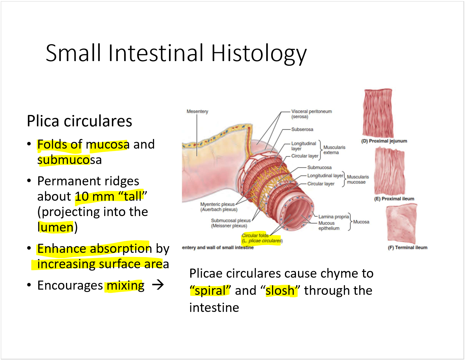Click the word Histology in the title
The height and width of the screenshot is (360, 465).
[259, 53]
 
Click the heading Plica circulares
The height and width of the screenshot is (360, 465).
[79, 121]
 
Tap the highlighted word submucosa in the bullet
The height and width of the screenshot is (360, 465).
[69, 160]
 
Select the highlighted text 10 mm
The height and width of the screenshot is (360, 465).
[95, 196]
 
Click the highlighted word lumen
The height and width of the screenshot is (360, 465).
[55, 227]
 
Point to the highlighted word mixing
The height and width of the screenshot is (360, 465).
[126, 286]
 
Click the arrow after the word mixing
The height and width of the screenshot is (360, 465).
[158, 285]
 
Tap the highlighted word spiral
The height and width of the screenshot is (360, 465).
[210, 291]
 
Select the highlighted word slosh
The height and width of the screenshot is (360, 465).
[280, 291]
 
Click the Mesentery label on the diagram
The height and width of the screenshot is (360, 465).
[197, 112]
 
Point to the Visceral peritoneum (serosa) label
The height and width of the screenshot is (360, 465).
[311, 114]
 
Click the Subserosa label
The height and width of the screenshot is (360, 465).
[302, 129]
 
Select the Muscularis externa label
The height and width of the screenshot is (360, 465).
[334, 150]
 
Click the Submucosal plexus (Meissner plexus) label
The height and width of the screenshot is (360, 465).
[230, 223]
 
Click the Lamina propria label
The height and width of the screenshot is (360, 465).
[333, 217]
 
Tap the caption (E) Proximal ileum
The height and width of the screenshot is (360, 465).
[394, 199]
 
